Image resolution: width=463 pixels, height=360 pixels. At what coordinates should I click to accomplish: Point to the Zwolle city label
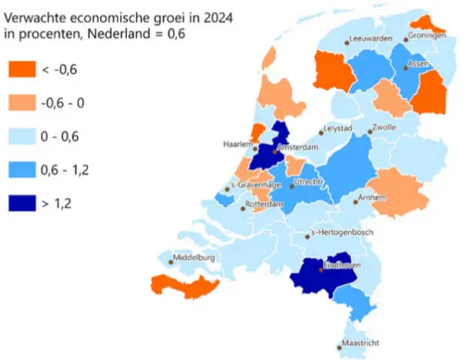coord(384,128)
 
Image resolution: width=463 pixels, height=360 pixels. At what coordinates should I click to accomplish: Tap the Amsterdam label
coord(296,148)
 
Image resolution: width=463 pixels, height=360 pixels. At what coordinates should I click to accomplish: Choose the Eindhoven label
coord(342,267)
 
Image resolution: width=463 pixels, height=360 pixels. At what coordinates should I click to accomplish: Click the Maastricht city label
coord(362,343)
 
